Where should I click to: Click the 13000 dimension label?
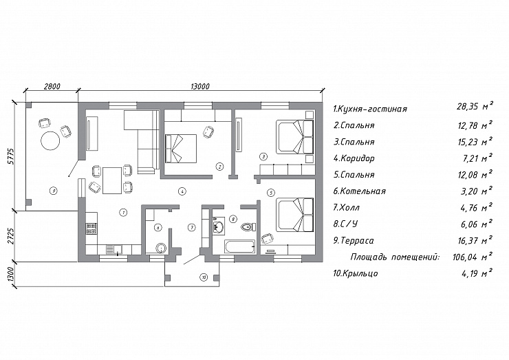pos(200,87)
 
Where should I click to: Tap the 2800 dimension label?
pos(52,87)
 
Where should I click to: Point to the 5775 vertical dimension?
pos(10,156)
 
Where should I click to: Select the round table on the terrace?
pos(50,140)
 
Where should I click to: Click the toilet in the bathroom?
pos(248,226)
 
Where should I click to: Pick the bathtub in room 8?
pos(239,247)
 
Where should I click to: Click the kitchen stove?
pos(91,228)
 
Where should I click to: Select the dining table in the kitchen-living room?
pos(112,180)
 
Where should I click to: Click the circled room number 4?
pos(182,191)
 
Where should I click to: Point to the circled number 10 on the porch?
pos(204,277)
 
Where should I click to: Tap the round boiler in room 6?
pos(161,248)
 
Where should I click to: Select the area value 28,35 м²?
pos(475,106)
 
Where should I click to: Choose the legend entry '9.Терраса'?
pos(354,241)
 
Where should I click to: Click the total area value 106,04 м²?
pos(473,257)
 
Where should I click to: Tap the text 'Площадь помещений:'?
pos(395,257)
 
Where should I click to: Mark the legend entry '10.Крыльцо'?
pos(356,273)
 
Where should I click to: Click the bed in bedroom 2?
pos(181,148)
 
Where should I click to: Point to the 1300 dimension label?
pos(10,275)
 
